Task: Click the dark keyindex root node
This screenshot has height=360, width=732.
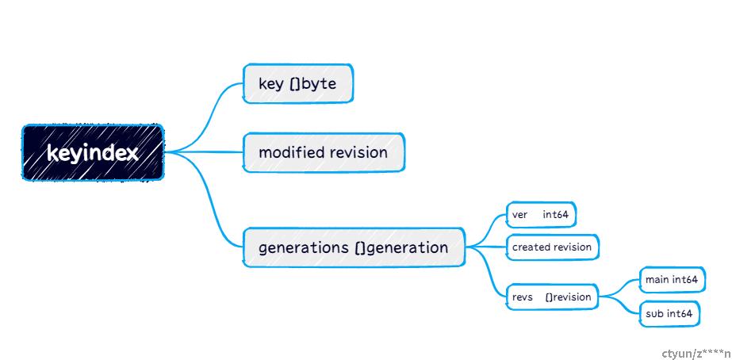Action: point(93,152)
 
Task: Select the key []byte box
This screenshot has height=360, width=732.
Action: point(298,83)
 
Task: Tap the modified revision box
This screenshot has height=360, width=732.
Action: point(324,153)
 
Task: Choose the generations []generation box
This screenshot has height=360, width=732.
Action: point(354,247)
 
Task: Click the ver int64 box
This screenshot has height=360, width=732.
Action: point(541,215)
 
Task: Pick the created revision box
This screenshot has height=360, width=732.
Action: point(552,247)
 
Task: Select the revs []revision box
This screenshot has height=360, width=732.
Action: point(552,297)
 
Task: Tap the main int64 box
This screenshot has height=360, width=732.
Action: point(672,280)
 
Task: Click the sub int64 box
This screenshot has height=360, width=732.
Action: point(669,314)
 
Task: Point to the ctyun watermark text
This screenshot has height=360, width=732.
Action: point(696,354)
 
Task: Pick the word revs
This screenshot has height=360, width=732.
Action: point(523,297)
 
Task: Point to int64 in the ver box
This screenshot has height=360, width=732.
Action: point(555,215)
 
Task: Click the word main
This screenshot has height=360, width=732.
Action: point(657,280)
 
